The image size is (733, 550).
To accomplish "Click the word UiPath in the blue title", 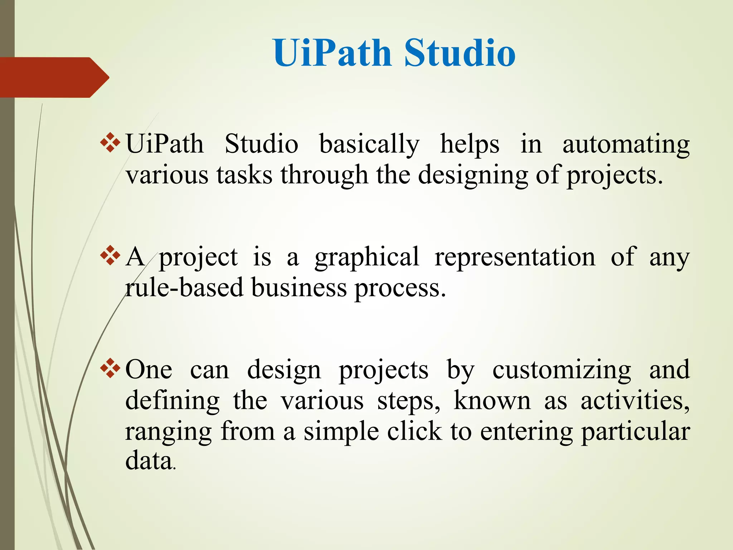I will [x=332, y=53].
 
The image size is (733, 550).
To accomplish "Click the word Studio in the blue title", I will [x=460, y=53].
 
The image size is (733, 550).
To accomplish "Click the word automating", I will [x=626, y=144].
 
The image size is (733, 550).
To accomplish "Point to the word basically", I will [x=369, y=144].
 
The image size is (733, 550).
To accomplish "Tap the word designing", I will [x=473, y=175].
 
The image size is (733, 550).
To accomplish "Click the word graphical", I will [x=367, y=257].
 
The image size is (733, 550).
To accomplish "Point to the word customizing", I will [x=562, y=370].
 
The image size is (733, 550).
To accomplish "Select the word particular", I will [x=635, y=432].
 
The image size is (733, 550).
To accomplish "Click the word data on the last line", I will [x=149, y=461].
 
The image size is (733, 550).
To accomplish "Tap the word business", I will [x=299, y=288].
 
